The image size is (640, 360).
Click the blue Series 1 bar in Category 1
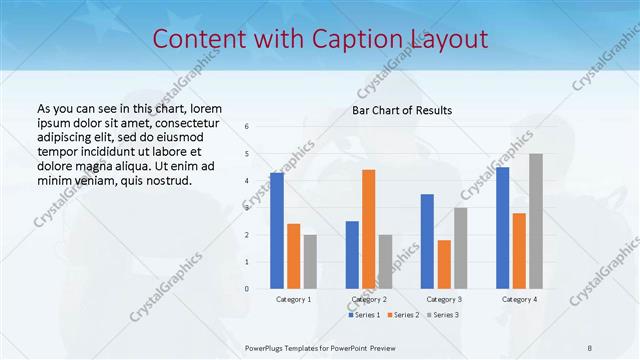tap(276, 231)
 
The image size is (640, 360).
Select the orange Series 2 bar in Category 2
tap(368, 229)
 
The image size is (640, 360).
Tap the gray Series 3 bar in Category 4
tap(536, 221)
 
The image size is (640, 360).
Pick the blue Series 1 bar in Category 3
tap(427, 241)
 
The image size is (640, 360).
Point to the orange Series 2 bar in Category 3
tap(444, 264)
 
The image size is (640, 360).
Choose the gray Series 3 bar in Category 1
tap(310, 261)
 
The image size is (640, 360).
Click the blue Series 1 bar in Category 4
tap(502, 228)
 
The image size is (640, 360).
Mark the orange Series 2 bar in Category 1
tap(293, 256)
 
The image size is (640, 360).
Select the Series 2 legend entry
tap(403, 315)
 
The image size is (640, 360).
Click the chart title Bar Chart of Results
tap(402, 110)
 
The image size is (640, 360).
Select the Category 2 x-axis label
tap(369, 299)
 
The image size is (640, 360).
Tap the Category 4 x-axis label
tap(519, 299)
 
